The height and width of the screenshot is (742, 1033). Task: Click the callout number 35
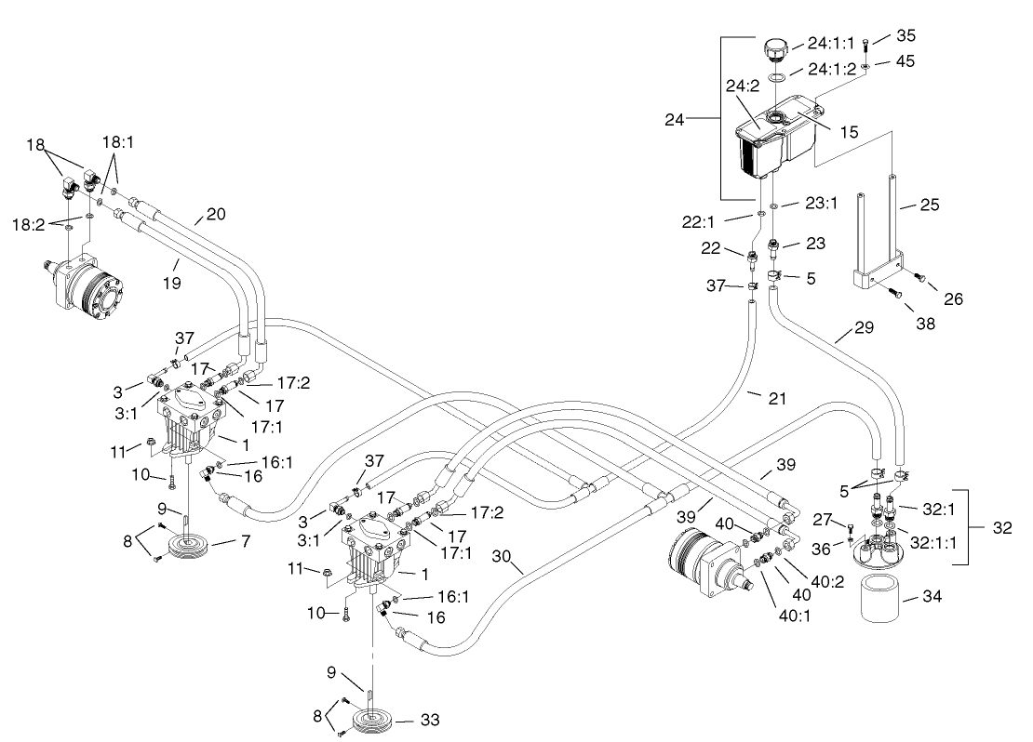tap(906, 36)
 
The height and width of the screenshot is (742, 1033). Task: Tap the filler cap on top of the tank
tap(774, 47)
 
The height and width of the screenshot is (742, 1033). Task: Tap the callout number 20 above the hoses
tap(215, 215)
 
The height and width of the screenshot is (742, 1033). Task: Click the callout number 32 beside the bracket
tap(1002, 526)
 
